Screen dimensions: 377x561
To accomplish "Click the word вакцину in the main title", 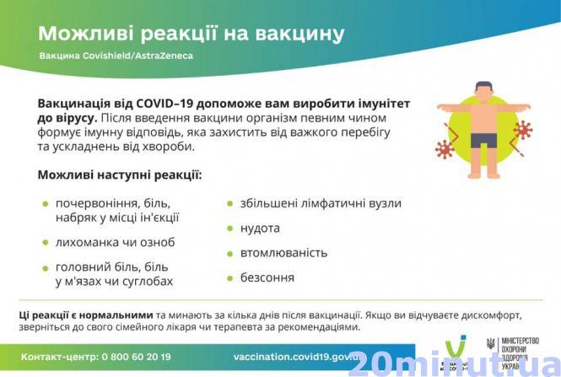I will (x=296, y=33).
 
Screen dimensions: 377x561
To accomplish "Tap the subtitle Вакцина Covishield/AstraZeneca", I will (x=116, y=57).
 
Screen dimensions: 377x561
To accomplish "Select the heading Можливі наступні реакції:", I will (x=119, y=176).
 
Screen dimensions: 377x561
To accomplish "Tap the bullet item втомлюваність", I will (x=282, y=252).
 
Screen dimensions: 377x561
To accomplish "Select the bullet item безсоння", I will (x=267, y=277).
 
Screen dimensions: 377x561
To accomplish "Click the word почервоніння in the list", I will (x=94, y=203).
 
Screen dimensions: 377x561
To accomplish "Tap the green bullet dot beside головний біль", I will (x=46, y=267).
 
